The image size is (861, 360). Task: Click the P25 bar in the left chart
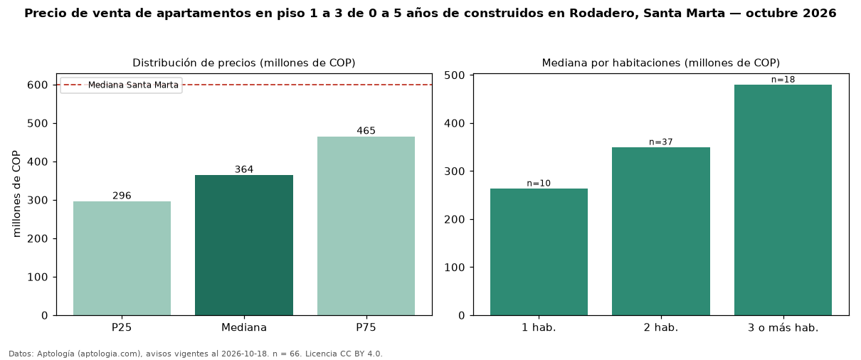pyautogui.click(x=122, y=258)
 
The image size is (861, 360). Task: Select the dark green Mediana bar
pyautogui.click(x=244, y=245)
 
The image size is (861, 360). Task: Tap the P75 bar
pyautogui.click(x=366, y=226)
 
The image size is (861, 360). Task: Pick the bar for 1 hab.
pyautogui.click(x=539, y=252)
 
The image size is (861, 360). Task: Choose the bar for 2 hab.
pyautogui.click(x=661, y=231)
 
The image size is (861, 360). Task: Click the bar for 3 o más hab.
pyautogui.click(x=783, y=200)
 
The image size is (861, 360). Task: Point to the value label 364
pyautogui.click(x=244, y=169)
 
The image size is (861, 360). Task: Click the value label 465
pyautogui.click(x=366, y=131)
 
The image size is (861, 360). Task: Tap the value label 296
pyautogui.click(x=122, y=196)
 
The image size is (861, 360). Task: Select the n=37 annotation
pyautogui.click(x=661, y=142)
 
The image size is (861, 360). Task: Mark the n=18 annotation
pyautogui.click(x=783, y=80)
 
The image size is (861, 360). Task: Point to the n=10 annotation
pyautogui.click(x=539, y=184)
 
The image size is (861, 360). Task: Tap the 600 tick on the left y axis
pyautogui.click(x=37, y=85)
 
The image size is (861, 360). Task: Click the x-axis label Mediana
pyautogui.click(x=244, y=327)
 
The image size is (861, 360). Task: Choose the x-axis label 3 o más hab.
pyautogui.click(x=783, y=328)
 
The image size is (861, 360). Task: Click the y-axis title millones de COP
pyautogui.click(x=16, y=194)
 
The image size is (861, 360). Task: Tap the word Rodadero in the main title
pyautogui.click(x=603, y=14)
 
